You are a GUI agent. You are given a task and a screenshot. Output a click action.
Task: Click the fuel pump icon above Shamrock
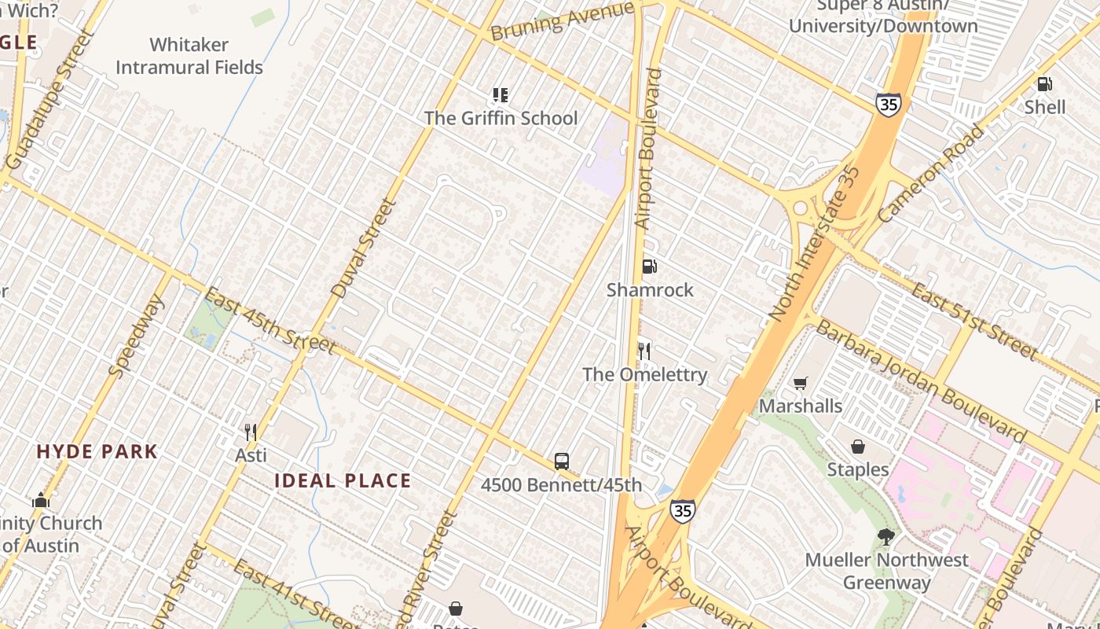(649, 267)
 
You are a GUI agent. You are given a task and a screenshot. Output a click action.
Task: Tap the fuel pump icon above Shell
(1044, 83)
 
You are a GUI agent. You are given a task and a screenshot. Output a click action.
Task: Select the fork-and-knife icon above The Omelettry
(644, 351)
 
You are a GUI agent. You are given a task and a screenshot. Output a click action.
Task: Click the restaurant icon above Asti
(251, 432)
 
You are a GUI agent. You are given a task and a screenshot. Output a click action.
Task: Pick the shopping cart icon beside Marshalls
(800, 383)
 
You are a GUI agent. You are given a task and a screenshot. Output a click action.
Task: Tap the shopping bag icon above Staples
(858, 447)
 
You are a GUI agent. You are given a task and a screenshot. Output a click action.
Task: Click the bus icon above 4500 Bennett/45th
(561, 462)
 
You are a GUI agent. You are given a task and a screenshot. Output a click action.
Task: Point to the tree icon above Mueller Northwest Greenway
(886, 537)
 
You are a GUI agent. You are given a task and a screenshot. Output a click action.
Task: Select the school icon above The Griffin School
(500, 95)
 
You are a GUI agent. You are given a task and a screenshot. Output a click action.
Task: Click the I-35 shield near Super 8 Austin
(888, 104)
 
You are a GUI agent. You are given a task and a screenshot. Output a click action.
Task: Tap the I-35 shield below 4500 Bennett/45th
(682, 511)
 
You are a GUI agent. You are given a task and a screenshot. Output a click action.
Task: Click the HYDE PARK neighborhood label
(97, 452)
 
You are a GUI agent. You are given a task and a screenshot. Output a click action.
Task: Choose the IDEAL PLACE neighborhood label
(343, 481)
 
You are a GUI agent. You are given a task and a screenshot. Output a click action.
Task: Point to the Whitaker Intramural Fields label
(189, 56)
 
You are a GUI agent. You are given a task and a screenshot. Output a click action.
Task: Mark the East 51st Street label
(973, 320)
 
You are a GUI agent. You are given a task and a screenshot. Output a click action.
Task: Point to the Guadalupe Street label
(49, 100)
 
